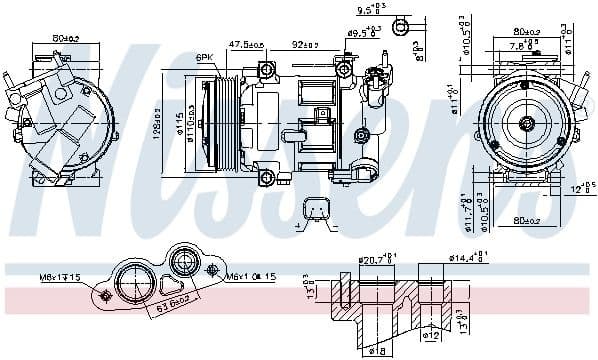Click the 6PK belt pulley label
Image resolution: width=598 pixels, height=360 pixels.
pos(204,57)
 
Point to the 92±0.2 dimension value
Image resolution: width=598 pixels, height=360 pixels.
pos(305,45)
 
